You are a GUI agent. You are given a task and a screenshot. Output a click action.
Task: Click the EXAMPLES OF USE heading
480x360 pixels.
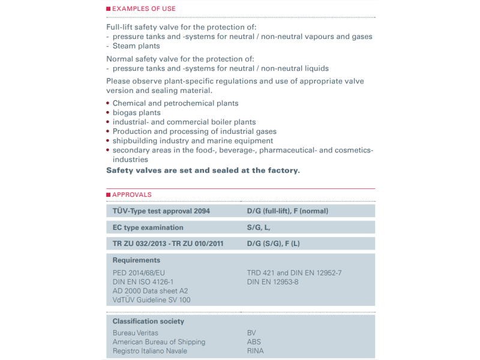pos(144,8)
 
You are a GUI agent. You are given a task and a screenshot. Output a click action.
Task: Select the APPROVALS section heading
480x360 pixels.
pos(132,194)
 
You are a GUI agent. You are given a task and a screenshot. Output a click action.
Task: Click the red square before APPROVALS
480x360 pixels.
pos(109,194)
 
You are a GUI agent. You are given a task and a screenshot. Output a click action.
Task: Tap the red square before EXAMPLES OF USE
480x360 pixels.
pos(109,8)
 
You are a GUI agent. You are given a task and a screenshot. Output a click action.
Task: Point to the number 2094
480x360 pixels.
pos(201,211)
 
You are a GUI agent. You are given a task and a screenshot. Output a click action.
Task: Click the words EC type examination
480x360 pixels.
pos(148,227)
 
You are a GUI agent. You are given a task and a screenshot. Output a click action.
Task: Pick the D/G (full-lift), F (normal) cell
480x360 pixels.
pos(287,211)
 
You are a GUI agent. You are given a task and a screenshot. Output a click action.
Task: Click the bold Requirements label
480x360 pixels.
pos(136,260)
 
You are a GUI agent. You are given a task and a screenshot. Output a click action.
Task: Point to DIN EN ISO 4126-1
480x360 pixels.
pos(143,282)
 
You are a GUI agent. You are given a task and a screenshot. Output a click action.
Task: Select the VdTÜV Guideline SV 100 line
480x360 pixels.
pos(151,300)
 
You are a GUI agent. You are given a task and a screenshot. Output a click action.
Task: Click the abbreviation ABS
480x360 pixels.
pos(254,342)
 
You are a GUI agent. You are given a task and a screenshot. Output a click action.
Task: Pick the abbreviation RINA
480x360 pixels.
pos(255,351)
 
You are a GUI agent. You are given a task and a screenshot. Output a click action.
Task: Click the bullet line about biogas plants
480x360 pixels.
pos(137,113)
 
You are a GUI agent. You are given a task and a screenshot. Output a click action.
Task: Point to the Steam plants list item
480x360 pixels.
pos(136,46)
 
